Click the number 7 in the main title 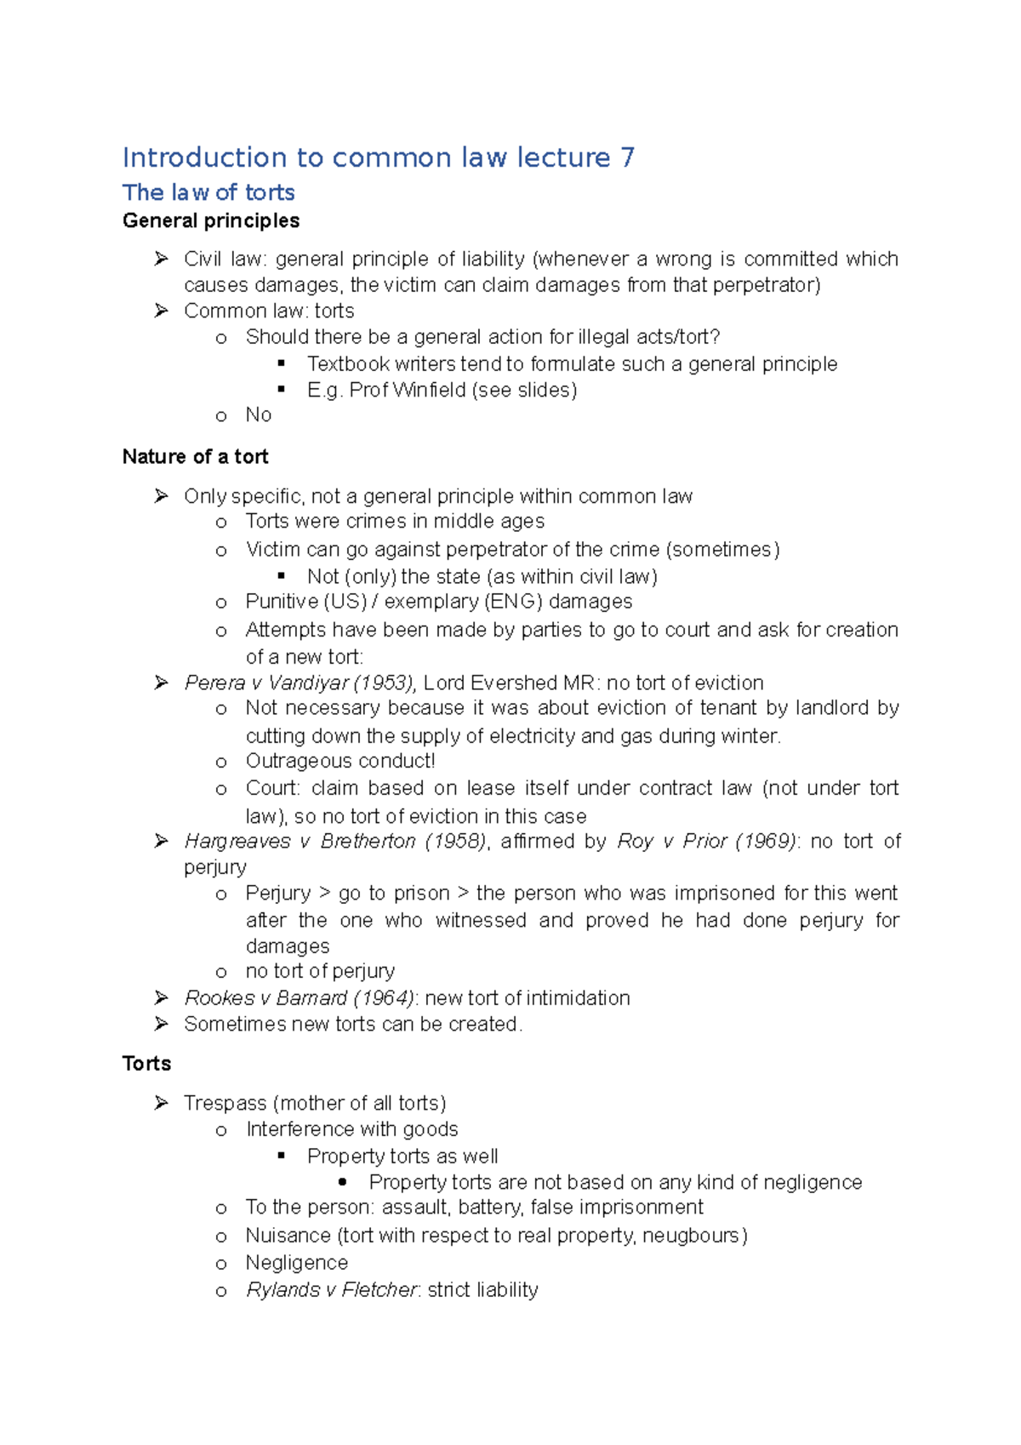(x=627, y=157)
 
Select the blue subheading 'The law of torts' (x=208, y=192)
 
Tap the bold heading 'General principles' (x=211, y=220)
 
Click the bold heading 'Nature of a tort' (x=195, y=457)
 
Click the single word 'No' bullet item (x=259, y=414)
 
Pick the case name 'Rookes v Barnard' (x=265, y=997)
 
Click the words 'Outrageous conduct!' (x=340, y=761)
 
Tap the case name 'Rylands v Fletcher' (x=332, y=1289)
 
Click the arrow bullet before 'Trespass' (x=162, y=1103)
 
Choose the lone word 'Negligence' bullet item (x=297, y=1262)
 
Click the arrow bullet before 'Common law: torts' (x=162, y=311)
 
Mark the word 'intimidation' (x=578, y=997)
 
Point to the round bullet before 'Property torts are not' (x=343, y=1182)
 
